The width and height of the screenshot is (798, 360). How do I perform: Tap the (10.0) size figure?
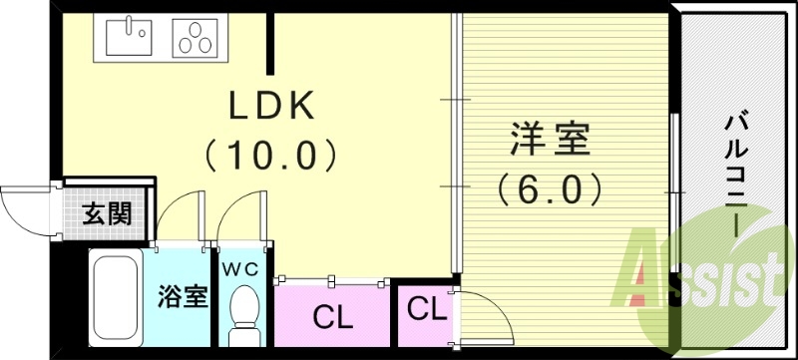click(269, 155)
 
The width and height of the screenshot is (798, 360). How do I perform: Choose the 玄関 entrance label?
click(105, 213)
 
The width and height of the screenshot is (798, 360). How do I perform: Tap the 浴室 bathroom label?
click(183, 296)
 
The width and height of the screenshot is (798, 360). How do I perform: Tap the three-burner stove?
click(199, 38)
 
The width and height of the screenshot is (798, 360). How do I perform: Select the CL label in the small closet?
click(426, 308)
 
